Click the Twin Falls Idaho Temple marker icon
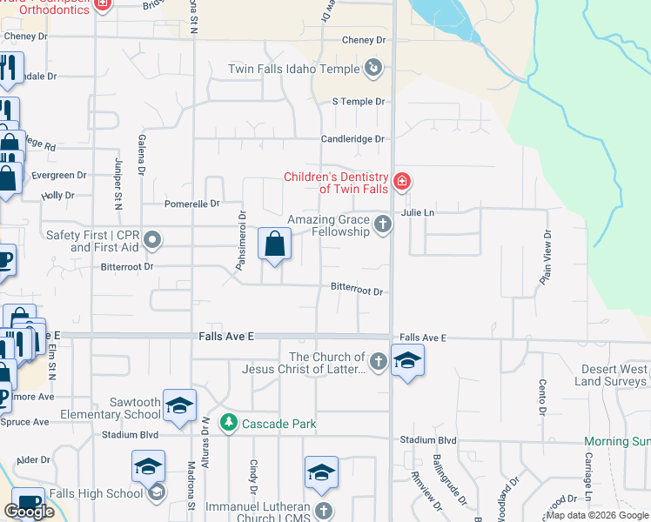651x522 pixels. (373, 67)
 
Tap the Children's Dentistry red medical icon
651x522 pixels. (402, 182)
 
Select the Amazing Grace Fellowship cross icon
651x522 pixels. (382, 225)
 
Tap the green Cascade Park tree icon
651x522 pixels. (228, 423)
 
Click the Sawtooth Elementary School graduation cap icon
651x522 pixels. (180, 405)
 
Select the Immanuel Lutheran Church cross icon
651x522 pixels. (323, 511)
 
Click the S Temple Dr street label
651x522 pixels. (358, 102)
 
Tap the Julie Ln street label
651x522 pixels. (417, 212)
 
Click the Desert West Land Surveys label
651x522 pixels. (611, 376)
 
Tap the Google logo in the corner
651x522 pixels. (29, 512)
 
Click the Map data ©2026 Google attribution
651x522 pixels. (597, 515)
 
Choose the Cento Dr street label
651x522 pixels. (540, 397)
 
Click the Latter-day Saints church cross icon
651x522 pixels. (378, 361)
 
